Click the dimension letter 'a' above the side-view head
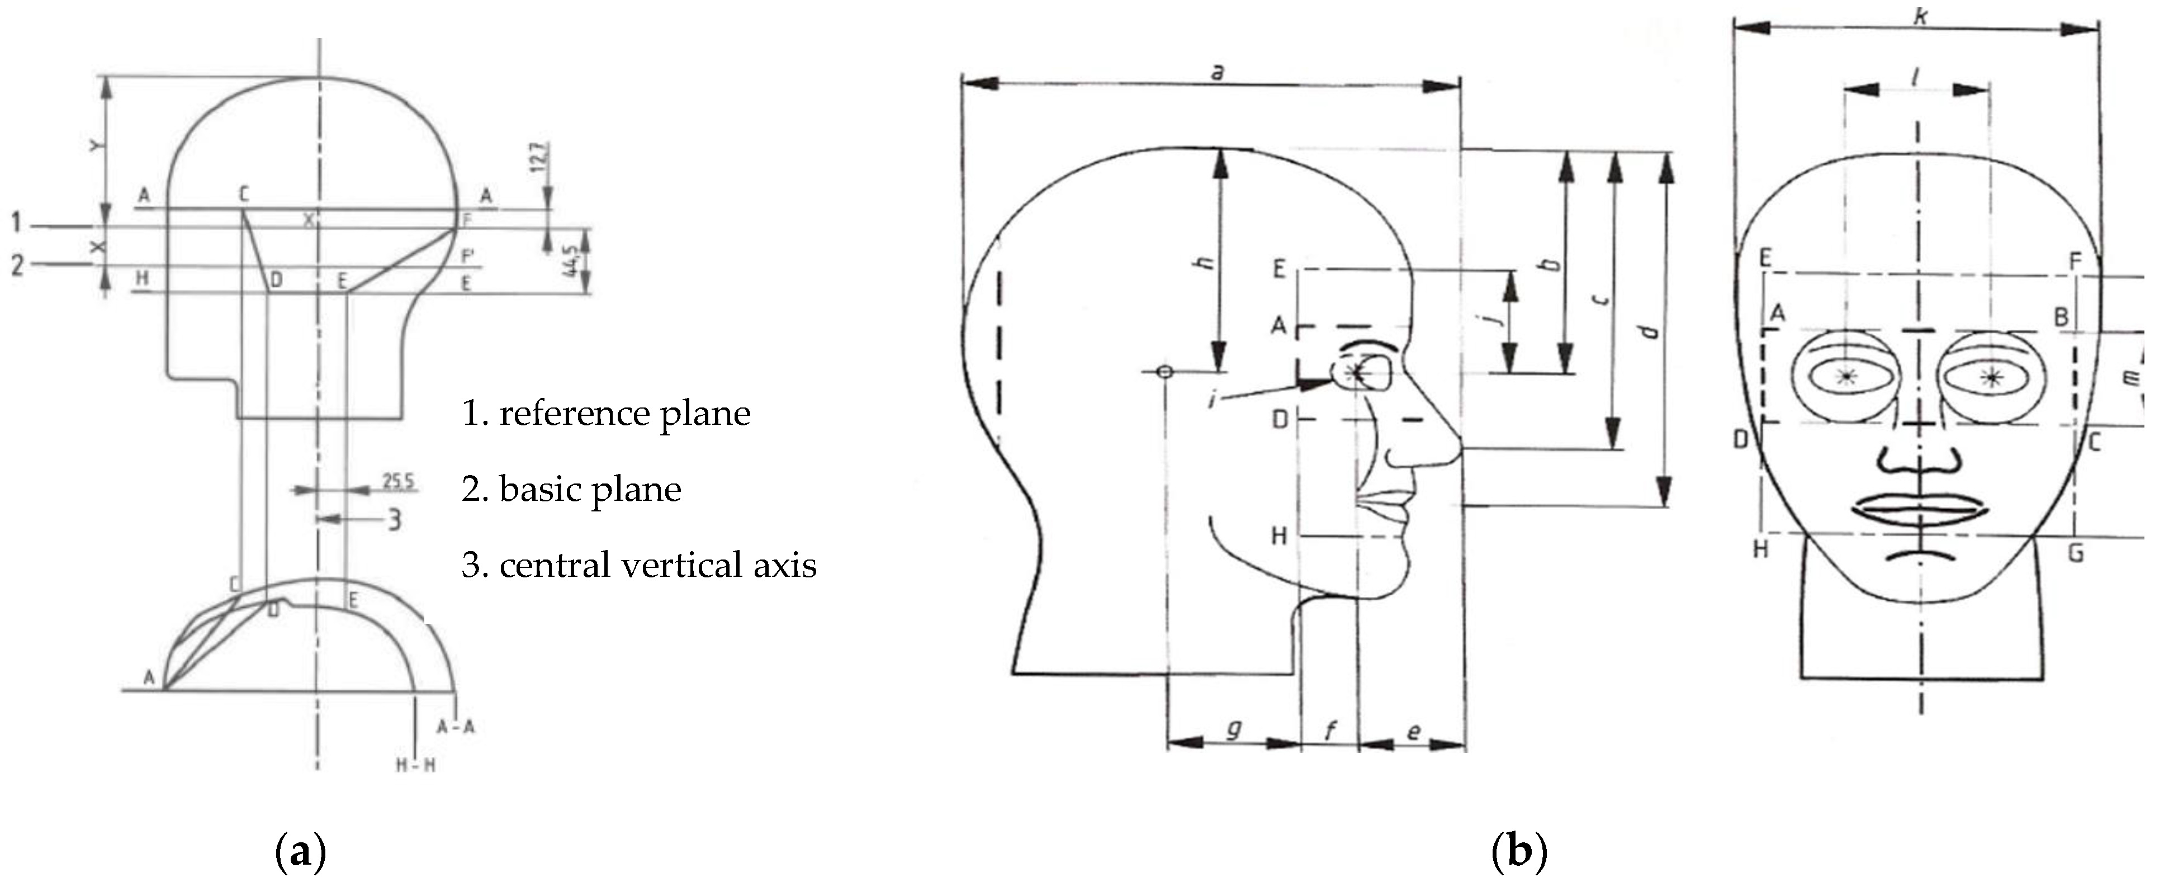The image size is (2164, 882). (x=1216, y=72)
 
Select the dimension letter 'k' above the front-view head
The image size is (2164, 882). (x=1920, y=15)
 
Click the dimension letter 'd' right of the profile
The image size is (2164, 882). (x=1651, y=330)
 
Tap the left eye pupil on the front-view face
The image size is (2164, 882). (x=1845, y=376)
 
